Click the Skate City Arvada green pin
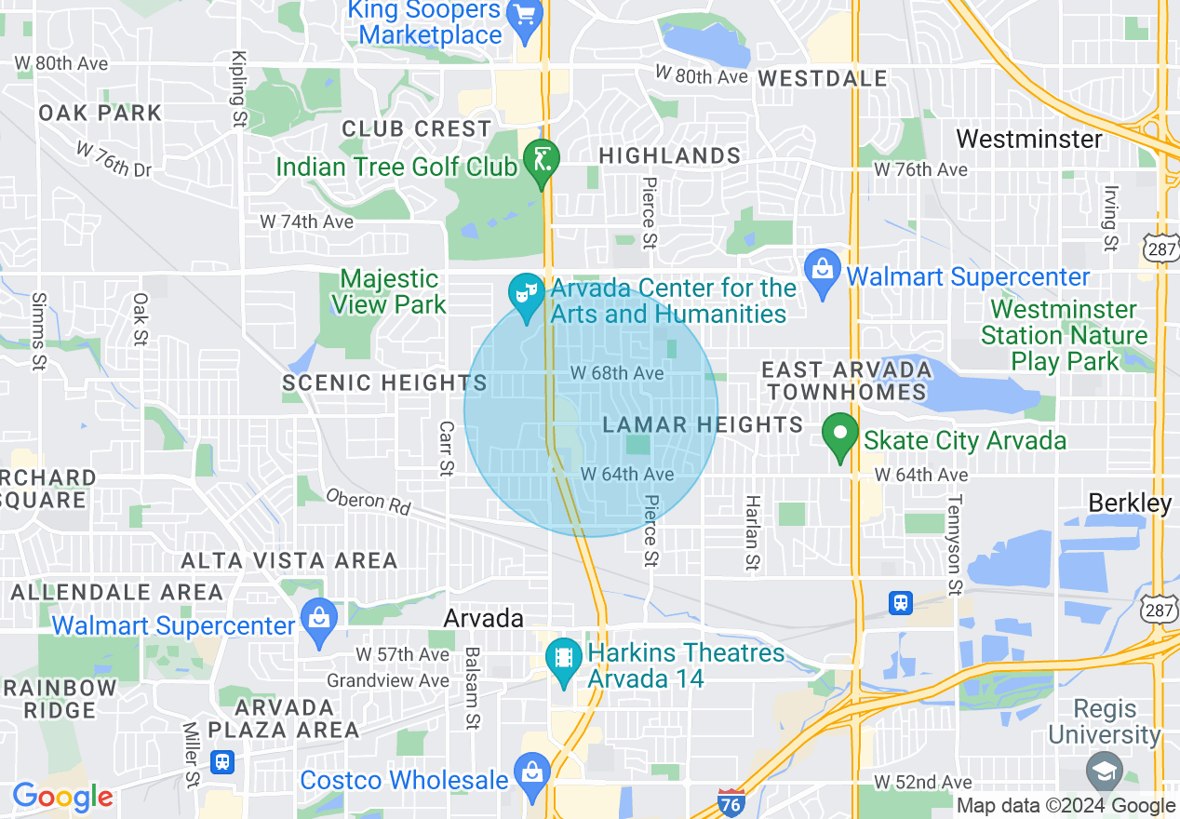pyautogui.click(x=840, y=436)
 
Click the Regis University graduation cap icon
pyautogui.click(x=1105, y=772)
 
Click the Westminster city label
pyautogui.click(x=1028, y=140)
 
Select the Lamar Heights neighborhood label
pyautogui.click(x=703, y=425)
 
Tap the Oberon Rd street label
pyautogui.click(x=369, y=502)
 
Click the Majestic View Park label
pyautogui.click(x=389, y=291)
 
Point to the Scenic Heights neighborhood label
pyautogui.click(x=384, y=383)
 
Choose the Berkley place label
pyautogui.click(x=1130, y=503)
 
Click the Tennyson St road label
pyautogui.click(x=954, y=544)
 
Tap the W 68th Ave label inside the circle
pyautogui.click(x=617, y=373)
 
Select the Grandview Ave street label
pyautogui.click(x=387, y=681)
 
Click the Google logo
pyautogui.click(x=62, y=797)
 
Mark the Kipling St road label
pyautogui.click(x=238, y=89)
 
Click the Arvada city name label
pyautogui.click(x=483, y=618)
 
